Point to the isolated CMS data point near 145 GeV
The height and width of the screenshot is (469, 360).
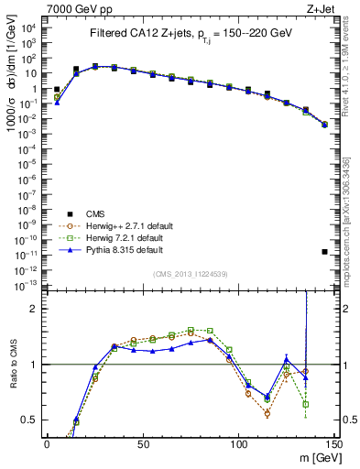click(x=325, y=251)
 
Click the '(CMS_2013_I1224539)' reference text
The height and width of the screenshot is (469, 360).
click(x=189, y=272)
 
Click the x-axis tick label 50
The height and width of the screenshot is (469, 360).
click(x=142, y=443)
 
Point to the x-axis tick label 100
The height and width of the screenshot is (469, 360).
click(x=238, y=443)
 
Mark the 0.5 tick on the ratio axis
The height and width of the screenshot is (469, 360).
click(x=31, y=420)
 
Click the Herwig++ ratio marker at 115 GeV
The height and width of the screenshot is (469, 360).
click(x=267, y=413)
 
